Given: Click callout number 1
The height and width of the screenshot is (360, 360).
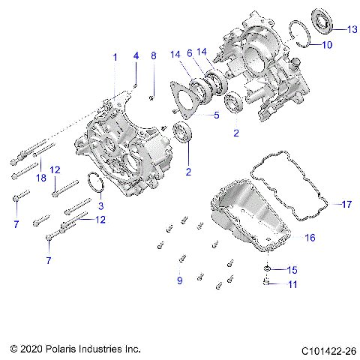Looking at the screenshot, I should pos(115,57).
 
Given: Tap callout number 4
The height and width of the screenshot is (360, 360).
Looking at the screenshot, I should pos(136,56).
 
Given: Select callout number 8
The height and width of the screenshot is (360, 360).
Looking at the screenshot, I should pos(153,56).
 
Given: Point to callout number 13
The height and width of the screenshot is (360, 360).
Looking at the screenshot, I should pos(352,29).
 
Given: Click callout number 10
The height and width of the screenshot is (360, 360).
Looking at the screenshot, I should pos(327,45).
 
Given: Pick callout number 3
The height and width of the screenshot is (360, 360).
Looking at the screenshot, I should pos(101,205).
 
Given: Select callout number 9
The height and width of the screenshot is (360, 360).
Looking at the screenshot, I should pos(179,280).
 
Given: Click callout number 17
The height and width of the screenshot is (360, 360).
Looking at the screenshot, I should pos(346,203).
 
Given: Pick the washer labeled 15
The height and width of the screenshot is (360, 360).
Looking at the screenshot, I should pos(268,268).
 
